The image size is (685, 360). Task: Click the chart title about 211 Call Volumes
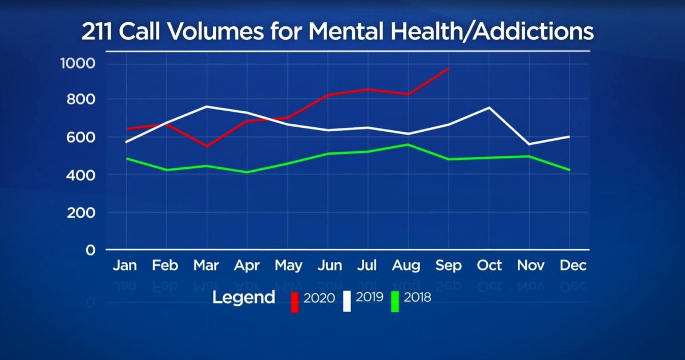(337, 32)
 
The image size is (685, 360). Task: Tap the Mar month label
(206, 265)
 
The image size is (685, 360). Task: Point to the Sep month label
(449, 265)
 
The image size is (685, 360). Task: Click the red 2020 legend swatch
(295, 302)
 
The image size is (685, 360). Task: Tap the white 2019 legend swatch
(346, 302)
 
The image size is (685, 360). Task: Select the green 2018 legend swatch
(394, 302)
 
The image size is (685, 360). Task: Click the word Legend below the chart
(244, 298)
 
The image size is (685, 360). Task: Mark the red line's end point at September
(449, 68)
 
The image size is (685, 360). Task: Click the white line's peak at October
(489, 107)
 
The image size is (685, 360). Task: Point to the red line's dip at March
(206, 146)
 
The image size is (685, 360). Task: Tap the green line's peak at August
(408, 144)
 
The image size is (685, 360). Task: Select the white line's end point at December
(569, 136)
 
